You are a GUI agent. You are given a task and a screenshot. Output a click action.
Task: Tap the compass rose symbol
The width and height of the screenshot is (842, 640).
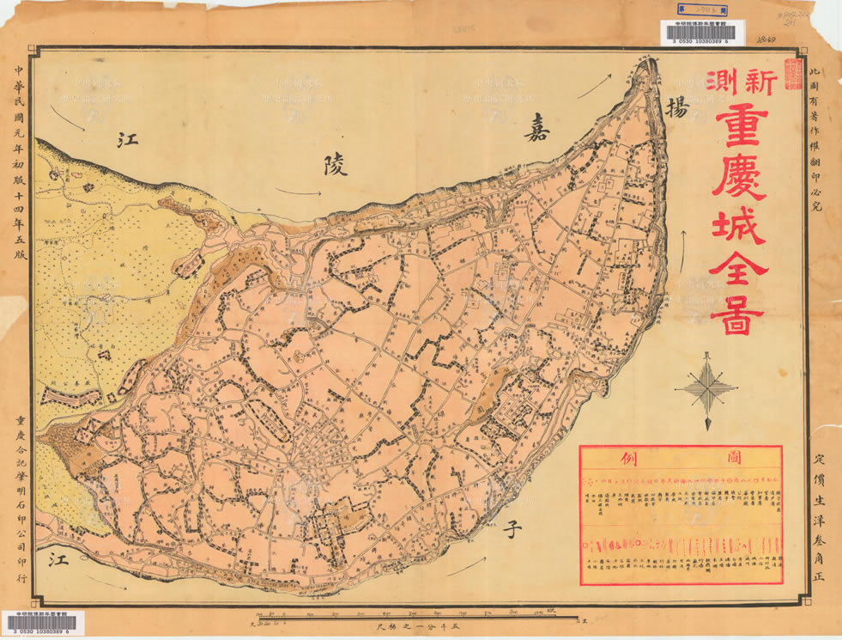[x=706, y=391]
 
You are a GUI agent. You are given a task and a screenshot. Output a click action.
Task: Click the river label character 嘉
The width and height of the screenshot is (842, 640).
[x=541, y=131]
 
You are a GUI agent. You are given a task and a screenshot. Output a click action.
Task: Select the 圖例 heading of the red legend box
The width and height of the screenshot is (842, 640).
[x=680, y=456]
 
